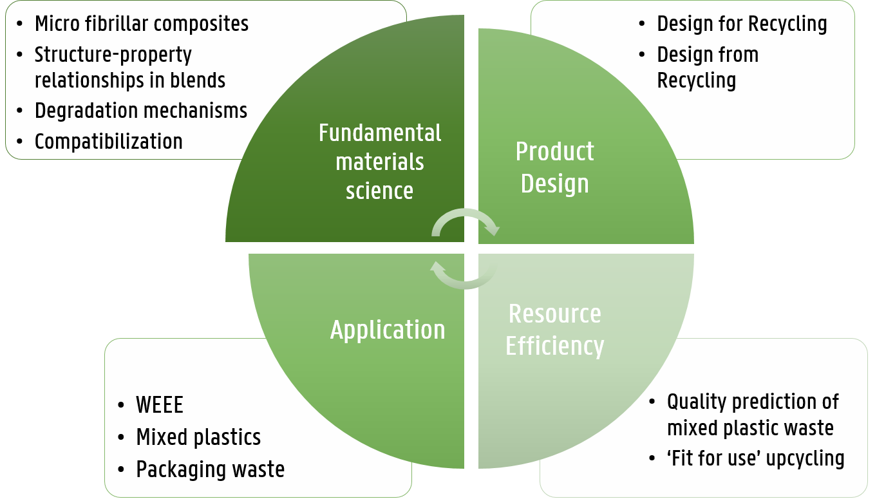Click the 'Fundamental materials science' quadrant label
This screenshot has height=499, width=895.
point(380,162)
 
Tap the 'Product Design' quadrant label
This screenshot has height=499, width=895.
point(554,167)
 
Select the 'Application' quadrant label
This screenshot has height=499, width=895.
point(388,330)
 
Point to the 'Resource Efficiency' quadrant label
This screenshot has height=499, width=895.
point(554,330)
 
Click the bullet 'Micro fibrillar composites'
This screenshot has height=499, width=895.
point(141,24)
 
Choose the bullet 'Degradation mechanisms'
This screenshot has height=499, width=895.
point(140,111)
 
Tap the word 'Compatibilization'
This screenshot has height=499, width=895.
point(108,141)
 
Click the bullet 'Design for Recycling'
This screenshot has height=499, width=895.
point(742,24)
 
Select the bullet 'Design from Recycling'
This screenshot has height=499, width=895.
point(708,68)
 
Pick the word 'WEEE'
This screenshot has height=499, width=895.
point(160,405)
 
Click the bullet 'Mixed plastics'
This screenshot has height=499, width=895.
point(198,437)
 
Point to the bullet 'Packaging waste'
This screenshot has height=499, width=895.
point(210,469)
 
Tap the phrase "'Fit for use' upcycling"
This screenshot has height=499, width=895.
point(755,458)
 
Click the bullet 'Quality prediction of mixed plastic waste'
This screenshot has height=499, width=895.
point(752,415)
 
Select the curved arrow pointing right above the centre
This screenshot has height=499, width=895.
point(465,221)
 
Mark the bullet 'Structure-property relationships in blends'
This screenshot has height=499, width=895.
point(129,68)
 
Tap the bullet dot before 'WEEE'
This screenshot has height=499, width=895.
point(122,406)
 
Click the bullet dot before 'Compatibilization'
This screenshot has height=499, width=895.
point(21,142)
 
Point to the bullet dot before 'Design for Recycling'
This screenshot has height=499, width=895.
point(642,24)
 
